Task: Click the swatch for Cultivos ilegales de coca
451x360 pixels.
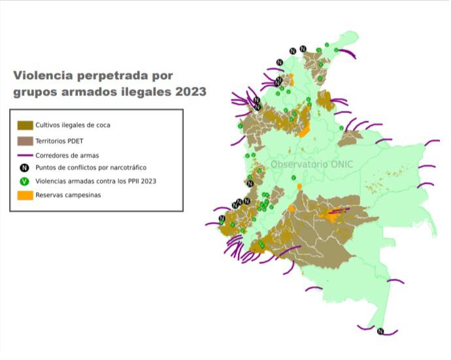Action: [x=25, y=125]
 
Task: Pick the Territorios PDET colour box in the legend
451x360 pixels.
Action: [x=25, y=140]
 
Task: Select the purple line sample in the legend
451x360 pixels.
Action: [x=25, y=154]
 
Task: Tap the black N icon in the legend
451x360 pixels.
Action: [x=25, y=167]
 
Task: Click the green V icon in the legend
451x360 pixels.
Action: [x=25, y=181]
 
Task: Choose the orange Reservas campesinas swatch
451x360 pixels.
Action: [x=25, y=195]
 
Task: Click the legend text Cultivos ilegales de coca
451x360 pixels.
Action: [x=73, y=125]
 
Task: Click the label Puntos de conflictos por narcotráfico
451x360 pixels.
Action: [x=90, y=167]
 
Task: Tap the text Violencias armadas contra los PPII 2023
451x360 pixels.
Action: [x=96, y=181]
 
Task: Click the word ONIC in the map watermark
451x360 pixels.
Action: [x=339, y=164]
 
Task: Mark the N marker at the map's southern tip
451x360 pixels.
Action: [x=380, y=331]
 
